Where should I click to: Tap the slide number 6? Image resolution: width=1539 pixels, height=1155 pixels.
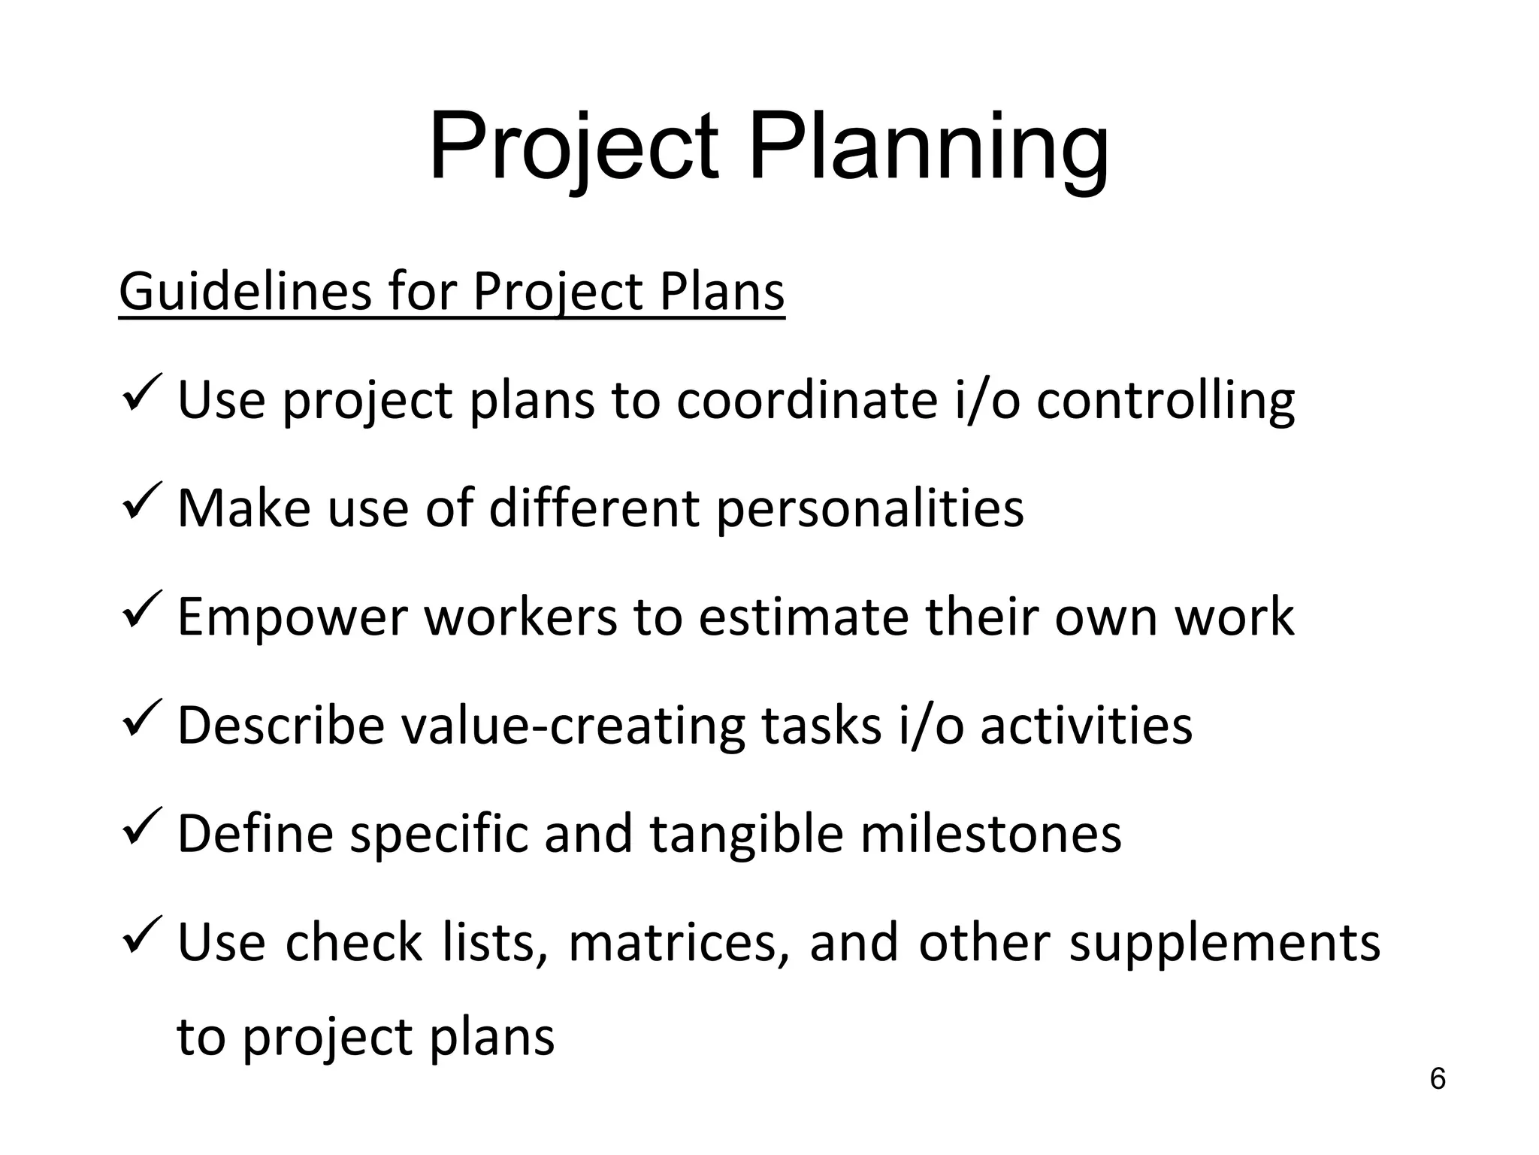point(1438,1079)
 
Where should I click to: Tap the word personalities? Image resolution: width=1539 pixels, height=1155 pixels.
point(869,509)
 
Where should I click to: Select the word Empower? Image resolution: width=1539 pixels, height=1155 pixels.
point(292,617)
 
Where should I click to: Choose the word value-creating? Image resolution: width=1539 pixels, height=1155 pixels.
point(573,726)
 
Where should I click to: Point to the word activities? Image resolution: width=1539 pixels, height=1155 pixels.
point(1086,726)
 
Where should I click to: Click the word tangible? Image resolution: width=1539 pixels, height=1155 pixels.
point(746,834)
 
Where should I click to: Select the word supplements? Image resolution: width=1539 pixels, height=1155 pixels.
point(1224,943)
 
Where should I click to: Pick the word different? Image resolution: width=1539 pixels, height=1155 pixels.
point(594,509)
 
